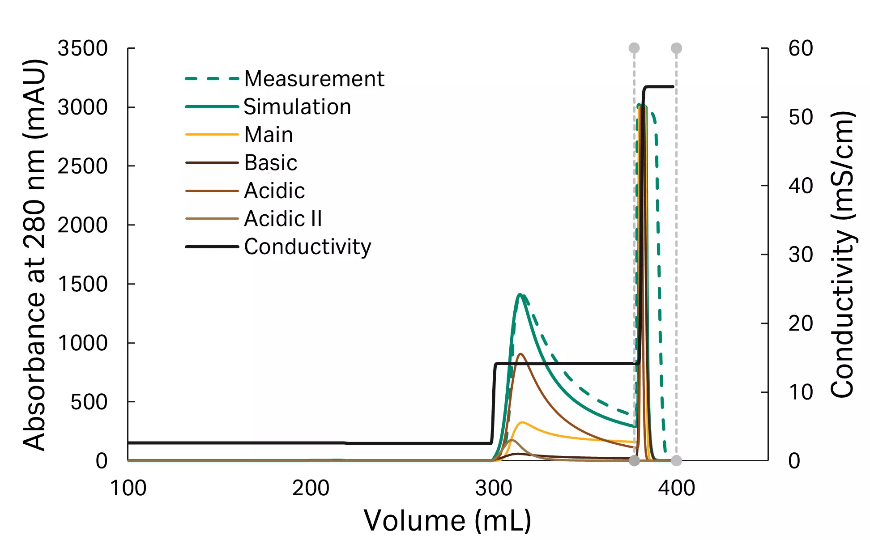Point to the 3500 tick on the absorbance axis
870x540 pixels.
click(83, 48)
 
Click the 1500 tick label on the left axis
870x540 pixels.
click(83, 284)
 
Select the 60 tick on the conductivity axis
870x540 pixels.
click(801, 48)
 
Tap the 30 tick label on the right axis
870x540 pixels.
click(801, 255)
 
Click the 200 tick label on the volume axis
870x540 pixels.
click(311, 488)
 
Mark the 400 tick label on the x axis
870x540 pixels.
click(676, 488)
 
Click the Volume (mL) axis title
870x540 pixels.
click(447, 521)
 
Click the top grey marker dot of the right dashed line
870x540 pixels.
click(676, 48)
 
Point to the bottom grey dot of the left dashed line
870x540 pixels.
click(634, 461)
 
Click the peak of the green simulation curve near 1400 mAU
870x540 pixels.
click(520, 294)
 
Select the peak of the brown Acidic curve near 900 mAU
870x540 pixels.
click(520, 354)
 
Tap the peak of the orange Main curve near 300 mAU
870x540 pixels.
click(522, 422)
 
